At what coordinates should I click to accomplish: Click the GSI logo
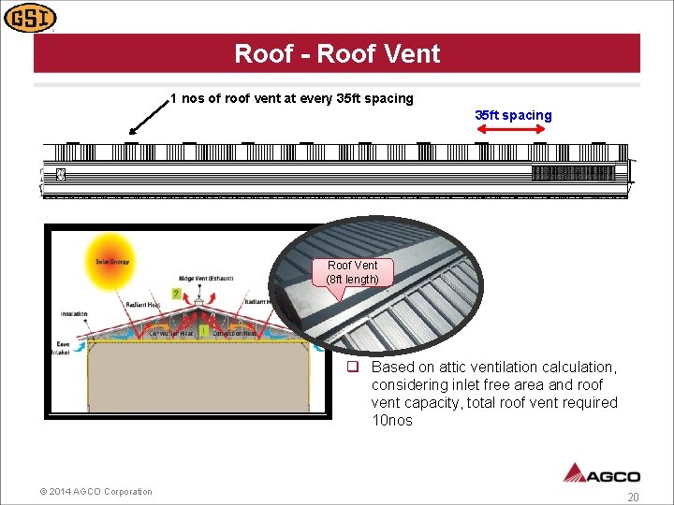tap(30, 17)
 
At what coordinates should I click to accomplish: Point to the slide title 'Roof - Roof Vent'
tap(337, 53)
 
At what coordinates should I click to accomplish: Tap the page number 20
tap(633, 498)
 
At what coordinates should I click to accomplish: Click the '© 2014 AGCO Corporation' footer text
tap(96, 492)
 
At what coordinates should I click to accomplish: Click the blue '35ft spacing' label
tap(513, 115)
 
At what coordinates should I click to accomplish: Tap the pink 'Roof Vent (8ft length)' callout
tap(353, 272)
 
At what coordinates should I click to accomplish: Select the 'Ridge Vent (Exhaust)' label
tap(208, 279)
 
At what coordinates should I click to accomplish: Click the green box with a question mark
tap(175, 294)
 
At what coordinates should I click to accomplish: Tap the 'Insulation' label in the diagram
tap(74, 314)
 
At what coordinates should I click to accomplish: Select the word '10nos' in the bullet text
tap(391, 421)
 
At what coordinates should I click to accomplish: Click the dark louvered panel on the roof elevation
tap(573, 172)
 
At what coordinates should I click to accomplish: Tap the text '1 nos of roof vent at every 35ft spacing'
tap(291, 98)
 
